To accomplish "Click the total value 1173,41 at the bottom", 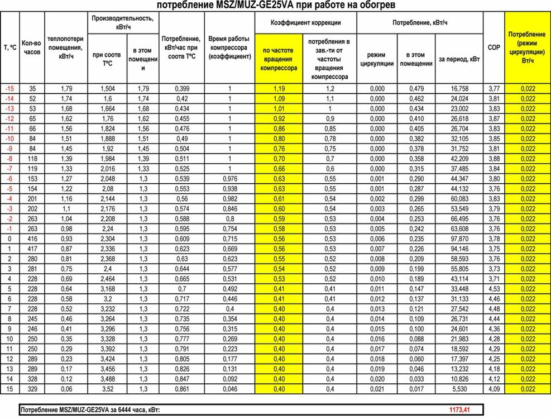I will [459, 410].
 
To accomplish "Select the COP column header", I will [493, 48].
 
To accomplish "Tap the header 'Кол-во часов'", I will [31, 48].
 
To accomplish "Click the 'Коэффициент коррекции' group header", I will [305, 23].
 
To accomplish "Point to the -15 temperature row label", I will [9, 89].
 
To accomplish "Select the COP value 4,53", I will [493, 288].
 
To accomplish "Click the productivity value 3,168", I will [109, 288].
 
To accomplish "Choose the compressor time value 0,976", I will [229, 178].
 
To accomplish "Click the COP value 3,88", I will [493, 159].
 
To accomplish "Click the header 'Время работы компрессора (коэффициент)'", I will [229, 48].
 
